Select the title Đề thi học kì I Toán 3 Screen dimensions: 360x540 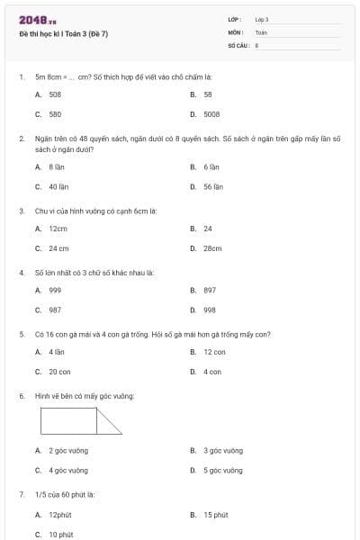pyautogui.click(x=63, y=33)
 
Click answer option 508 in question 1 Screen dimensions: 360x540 pyautogui.click(x=55, y=94)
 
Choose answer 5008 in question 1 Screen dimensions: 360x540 pyautogui.click(x=211, y=114)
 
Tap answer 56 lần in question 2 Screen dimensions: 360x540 pyautogui.click(x=212, y=187)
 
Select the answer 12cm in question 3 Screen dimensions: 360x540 pyautogui.click(x=58, y=229)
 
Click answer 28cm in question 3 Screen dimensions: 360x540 pyautogui.click(x=212, y=248)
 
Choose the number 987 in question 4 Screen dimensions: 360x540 pyautogui.click(x=55, y=310)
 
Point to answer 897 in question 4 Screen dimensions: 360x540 pyautogui.click(x=210, y=290)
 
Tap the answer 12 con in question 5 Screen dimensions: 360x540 pyautogui.click(x=214, y=352)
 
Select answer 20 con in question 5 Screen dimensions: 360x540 pyautogui.click(x=59, y=372)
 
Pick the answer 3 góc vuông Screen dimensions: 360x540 pyautogui.click(x=222, y=450)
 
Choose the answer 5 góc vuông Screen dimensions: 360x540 pyautogui.click(x=222, y=470)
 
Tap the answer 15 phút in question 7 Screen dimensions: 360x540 pyautogui.click(x=215, y=515)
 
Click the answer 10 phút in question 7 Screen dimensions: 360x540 pyautogui.click(x=60, y=535)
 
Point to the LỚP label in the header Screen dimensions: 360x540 pyautogui.click(x=235, y=19)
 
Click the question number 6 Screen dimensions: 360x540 pyautogui.click(x=21, y=396)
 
